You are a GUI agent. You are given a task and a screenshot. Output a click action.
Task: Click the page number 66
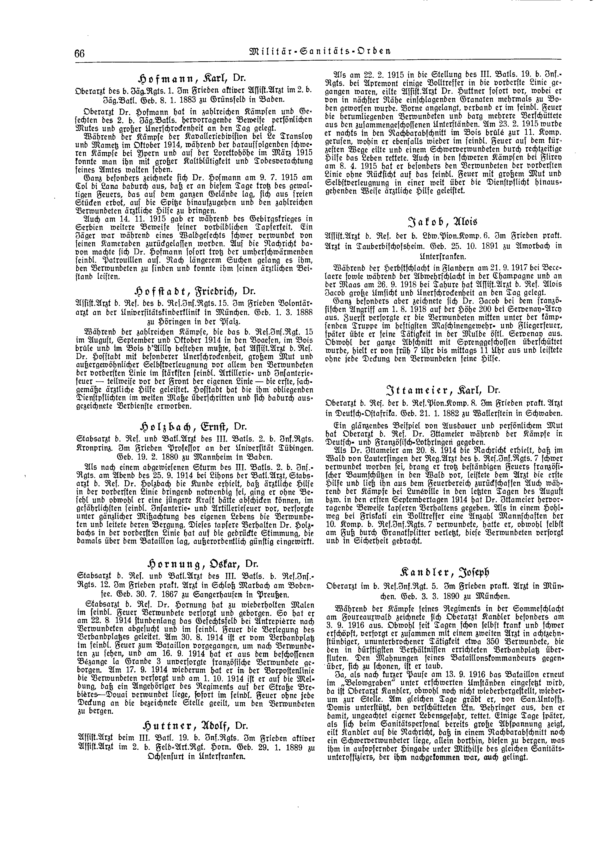coord(79,54)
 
